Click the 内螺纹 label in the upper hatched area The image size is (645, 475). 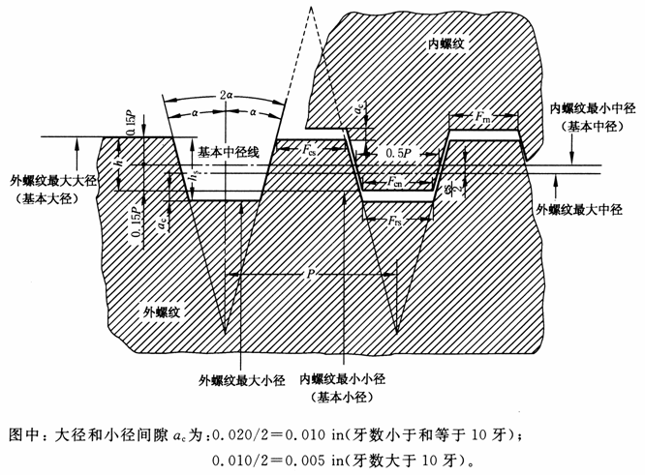[448, 45]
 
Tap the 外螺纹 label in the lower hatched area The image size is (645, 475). [162, 312]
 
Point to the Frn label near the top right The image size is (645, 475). [482, 117]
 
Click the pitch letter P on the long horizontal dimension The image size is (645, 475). [309, 274]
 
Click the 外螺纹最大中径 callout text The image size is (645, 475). [577, 209]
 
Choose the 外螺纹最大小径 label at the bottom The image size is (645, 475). [238, 379]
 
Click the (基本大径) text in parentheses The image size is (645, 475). [47, 199]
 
